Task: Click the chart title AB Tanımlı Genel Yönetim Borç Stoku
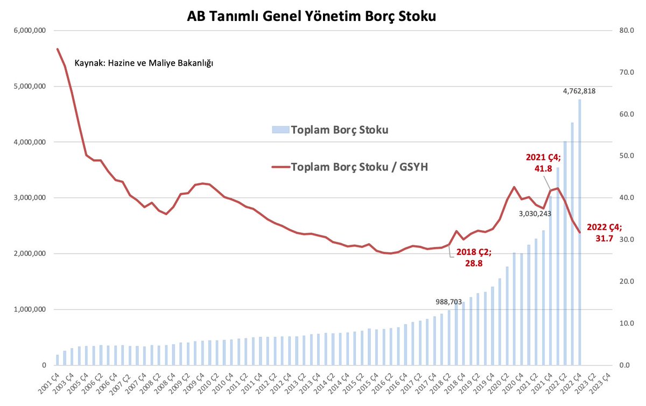point(311,16)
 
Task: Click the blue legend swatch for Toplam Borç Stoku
point(280,130)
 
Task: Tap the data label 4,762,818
point(579,91)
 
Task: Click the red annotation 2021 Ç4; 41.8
point(543,162)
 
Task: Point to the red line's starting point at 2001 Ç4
point(58,49)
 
